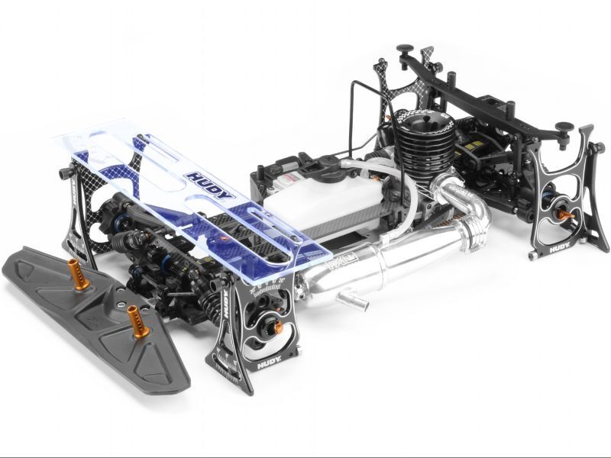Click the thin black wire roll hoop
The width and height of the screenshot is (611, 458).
359,114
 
